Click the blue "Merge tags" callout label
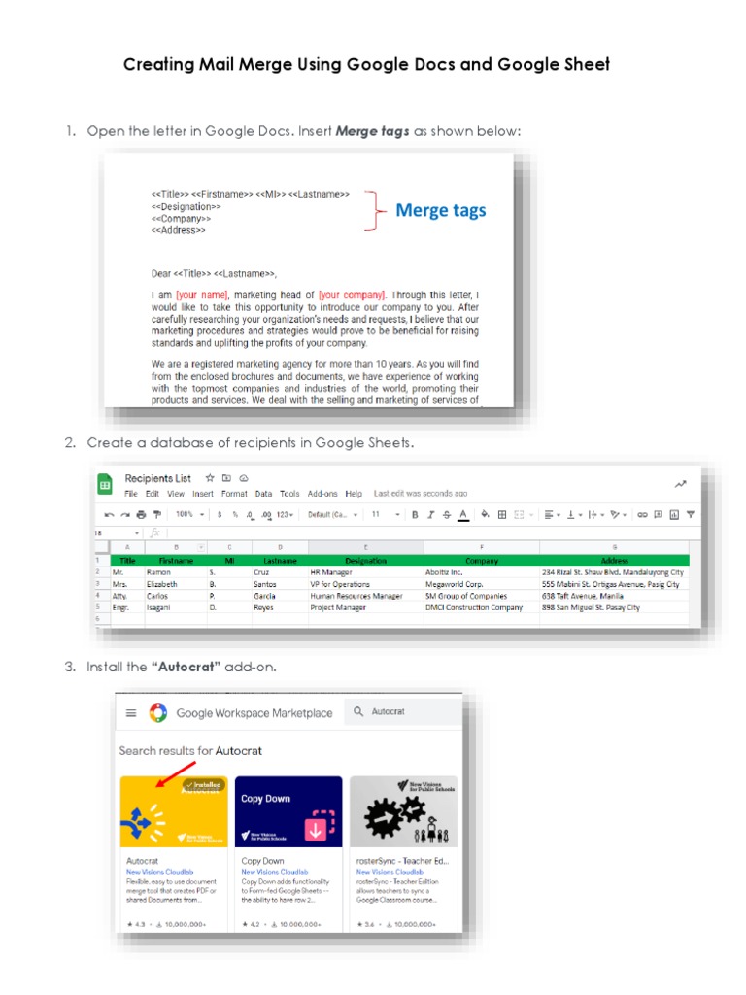click(x=440, y=210)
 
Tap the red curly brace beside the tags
click(x=370, y=211)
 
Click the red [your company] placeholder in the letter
click(x=352, y=294)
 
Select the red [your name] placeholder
click(x=202, y=294)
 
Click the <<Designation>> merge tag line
click(x=186, y=206)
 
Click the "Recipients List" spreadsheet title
click(x=156, y=478)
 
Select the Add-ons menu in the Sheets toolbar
click(x=322, y=494)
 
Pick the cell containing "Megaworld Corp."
click(x=454, y=585)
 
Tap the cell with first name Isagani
click(x=162, y=608)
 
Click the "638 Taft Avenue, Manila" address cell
click(x=582, y=597)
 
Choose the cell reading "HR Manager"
click(x=330, y=573)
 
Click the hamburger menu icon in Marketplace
click(x=131, y=713)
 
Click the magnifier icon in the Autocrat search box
click(x=358, y=712)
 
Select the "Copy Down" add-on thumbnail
click(x=288, y=811)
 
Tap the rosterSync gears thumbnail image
click(x=403, y=811)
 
